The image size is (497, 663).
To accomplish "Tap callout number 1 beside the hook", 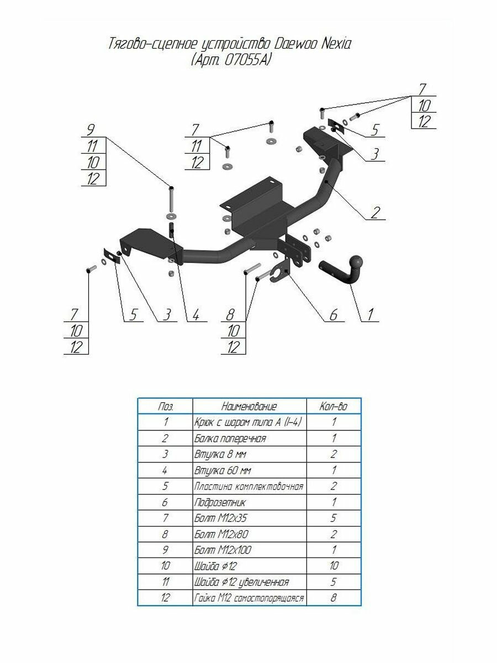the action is [370, 314].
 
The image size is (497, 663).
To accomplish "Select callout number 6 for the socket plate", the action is [333, 314].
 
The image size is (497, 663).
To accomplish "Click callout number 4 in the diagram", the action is [196, 314].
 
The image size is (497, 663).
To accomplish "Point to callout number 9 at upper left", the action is [90, 130].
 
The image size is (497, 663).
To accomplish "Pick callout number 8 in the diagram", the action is [230, 314].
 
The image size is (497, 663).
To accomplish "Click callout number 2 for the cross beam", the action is [375, 212].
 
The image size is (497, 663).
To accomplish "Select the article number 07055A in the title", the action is [246, 60].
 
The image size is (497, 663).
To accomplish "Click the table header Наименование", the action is [249, 406].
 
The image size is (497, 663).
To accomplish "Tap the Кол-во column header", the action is [333, 406].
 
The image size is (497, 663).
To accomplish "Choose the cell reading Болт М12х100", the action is [223, 549].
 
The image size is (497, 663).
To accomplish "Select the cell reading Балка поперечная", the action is [230, 438].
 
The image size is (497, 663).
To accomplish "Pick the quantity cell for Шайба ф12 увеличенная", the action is [333, 581].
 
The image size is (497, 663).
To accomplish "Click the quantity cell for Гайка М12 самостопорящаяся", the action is [333, 597].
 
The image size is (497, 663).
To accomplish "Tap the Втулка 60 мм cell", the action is [223, 470].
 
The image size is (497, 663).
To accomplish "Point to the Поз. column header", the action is [165, 406].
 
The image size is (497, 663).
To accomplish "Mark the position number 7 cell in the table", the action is [165, 517].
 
